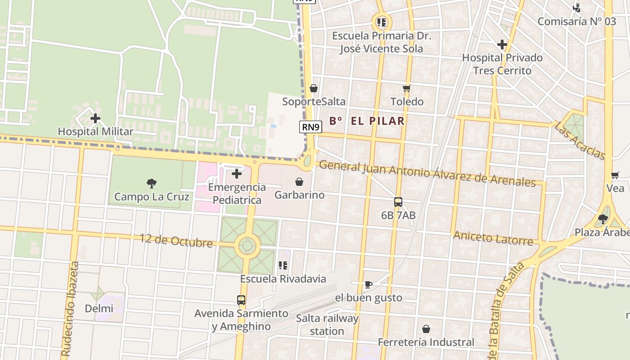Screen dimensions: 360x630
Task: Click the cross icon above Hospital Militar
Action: [x=95, y=118]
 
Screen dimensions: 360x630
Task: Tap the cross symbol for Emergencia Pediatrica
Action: [x=237, y=174]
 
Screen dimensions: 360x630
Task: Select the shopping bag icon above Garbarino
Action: [x=299, y=182]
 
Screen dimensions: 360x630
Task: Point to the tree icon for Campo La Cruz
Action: [x=152, y=183]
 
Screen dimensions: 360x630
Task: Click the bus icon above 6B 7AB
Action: [x=398, y=202]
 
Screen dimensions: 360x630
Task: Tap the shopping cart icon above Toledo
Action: [x=407, y=88]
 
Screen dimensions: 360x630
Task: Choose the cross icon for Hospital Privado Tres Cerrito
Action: [x=502, y=45]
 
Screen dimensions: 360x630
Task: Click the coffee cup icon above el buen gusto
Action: [x=368, y=284]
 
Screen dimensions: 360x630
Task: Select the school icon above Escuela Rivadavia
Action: [x=283, y=265]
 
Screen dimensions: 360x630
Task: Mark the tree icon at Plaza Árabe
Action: [x=603, y=219]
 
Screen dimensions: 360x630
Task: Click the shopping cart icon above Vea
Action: [x=615, y=175]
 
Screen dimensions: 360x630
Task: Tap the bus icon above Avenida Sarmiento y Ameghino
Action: [x=241, y=300]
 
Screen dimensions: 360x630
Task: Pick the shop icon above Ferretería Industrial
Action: [x=426, y=329]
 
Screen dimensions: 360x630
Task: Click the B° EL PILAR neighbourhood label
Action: [x=367, y=121]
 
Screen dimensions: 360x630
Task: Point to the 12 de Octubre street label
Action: [x=176, y=241]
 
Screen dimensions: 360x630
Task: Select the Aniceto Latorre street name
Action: [x=493, y=238]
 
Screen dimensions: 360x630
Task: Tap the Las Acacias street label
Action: [x=580, y=140]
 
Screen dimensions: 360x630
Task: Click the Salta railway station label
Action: [x=327, y=325]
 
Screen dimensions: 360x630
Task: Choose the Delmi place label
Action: [x=99, y=309]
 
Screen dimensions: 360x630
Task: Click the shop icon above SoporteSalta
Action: [x=314, y=88]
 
